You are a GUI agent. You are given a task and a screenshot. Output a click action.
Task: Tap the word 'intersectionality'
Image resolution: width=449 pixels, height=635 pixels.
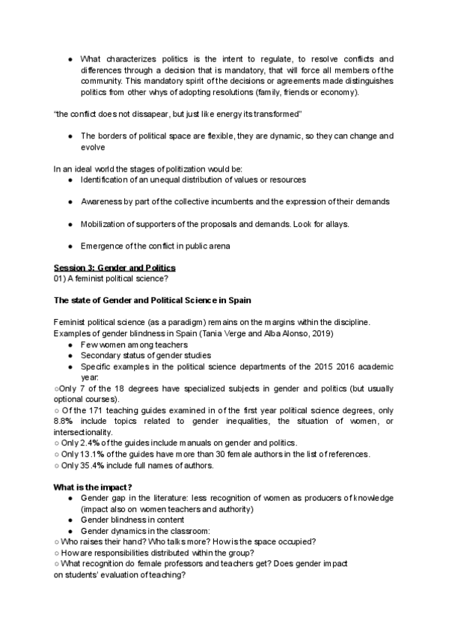point(84,432)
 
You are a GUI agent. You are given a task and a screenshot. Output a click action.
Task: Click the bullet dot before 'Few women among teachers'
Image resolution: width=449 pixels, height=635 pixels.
point(70,344)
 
